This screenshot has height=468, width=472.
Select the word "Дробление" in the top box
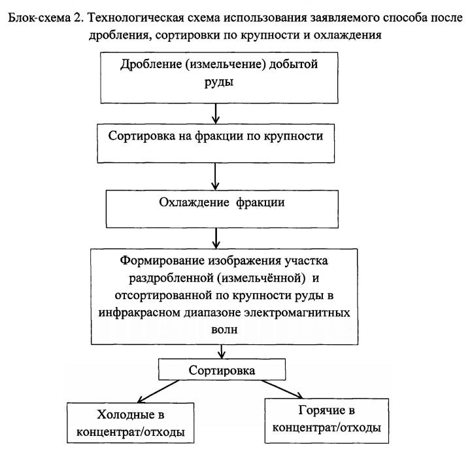click(152, 66)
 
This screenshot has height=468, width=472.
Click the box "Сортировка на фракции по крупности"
click(215, 139)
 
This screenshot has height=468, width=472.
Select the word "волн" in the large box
click(222, 330)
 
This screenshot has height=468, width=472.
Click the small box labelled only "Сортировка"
click(222, 371)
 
